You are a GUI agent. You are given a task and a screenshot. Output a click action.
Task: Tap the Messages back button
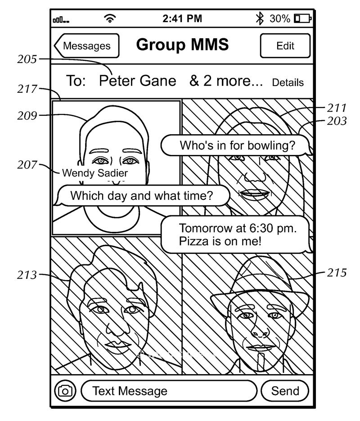click(87, 45)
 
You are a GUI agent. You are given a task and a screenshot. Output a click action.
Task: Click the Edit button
click(285, 46)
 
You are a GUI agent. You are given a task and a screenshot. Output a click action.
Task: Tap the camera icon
click(66, 391)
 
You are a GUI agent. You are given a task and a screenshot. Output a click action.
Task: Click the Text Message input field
click(169, 391)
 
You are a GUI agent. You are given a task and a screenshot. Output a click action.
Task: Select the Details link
click(288, 83)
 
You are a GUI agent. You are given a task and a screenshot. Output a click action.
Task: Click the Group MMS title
click(182, 45)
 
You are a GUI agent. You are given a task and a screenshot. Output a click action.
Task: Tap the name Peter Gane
click(137, 81)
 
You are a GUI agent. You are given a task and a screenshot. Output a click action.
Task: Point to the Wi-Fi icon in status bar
click(109, 19)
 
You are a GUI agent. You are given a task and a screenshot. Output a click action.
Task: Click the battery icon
click(302, 19)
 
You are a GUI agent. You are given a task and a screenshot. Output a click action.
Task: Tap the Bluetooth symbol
click(259, 18)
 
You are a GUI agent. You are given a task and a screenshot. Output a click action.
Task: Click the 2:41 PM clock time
click(182, 19)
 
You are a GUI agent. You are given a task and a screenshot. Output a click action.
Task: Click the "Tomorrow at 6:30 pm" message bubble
click(236, 234)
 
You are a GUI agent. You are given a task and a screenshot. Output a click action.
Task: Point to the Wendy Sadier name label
click(94, 173)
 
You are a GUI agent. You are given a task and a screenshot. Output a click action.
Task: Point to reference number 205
click(28, 59)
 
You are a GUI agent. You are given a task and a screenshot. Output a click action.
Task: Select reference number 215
click(337, 273)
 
